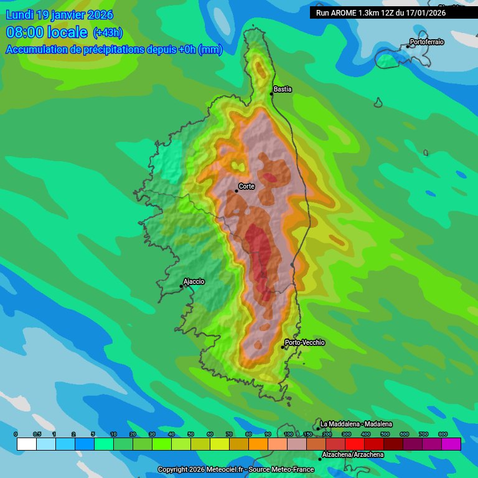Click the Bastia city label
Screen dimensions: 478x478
283,90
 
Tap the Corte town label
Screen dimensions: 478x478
246,186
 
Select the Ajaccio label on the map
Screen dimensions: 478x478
194,281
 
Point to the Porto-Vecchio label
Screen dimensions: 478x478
304,343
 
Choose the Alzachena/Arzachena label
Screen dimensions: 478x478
352,455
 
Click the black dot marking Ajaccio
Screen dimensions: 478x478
181,286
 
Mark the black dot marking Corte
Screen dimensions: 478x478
237,190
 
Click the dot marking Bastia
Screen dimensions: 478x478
272,93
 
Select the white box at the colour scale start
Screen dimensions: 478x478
27,444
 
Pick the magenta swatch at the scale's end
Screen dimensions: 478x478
451,444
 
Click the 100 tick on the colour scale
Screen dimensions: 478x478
288,434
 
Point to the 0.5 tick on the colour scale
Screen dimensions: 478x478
37,434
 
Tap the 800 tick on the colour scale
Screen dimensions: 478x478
443,434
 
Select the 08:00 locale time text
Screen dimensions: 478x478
46,32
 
